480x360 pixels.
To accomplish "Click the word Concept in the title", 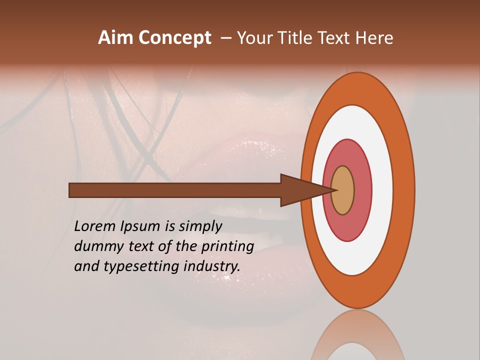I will coord(174,38).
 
